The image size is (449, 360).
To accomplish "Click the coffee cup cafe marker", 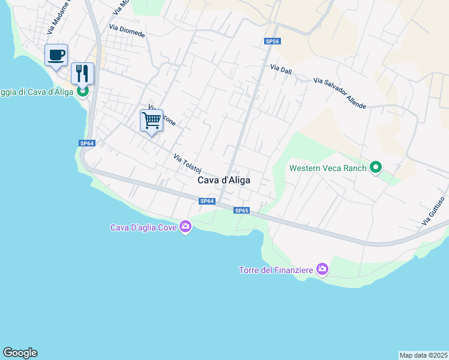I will (56, 56).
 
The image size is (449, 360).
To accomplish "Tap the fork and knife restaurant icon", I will (83, 74).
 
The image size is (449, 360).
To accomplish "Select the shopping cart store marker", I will (151, 120).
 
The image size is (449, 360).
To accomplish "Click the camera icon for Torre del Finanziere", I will (322, 269).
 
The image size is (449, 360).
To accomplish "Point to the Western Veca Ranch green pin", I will (376, 167).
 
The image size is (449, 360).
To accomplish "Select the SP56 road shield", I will (273, 41).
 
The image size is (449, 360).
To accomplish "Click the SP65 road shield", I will (241, 211).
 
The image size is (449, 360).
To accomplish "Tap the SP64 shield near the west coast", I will (87, 143).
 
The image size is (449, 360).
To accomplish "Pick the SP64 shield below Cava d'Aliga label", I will (206, 201).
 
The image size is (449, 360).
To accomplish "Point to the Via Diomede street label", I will (127, 31).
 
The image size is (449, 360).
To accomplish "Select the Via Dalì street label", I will (281, 70).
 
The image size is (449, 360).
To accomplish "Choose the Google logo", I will (20, 353).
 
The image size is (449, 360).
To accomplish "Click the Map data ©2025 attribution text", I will (424, 355).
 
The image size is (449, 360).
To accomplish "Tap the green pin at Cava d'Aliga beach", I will (83, 91).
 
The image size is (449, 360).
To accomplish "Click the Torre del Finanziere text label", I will (276, 270).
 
